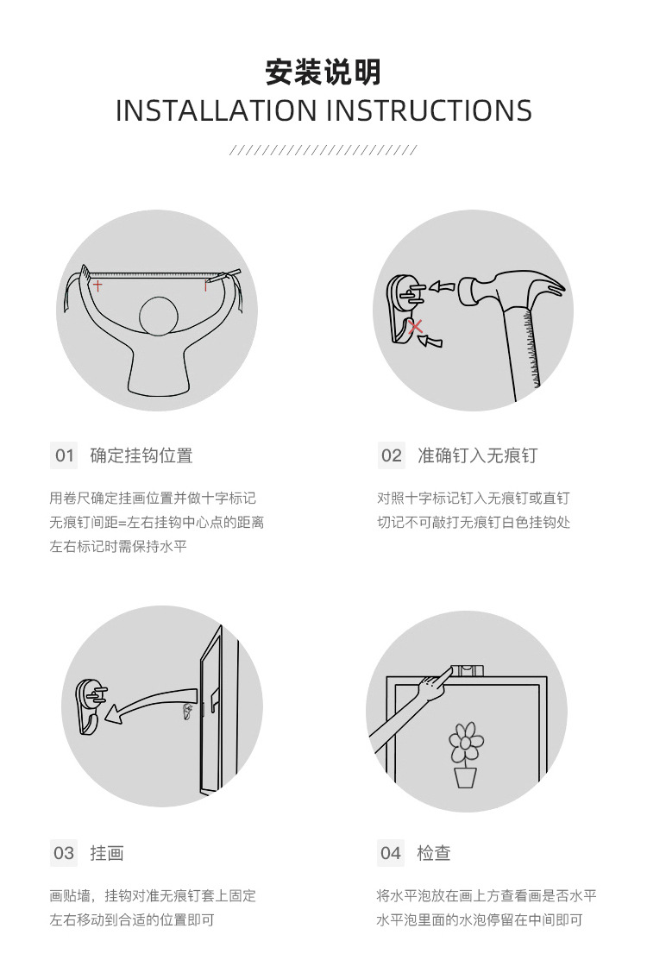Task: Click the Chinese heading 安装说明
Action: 323,72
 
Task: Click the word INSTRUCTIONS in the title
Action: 429,110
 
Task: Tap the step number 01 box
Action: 65,455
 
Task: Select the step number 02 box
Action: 391,455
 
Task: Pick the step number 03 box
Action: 64,853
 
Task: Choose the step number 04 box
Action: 391,853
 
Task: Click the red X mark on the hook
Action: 416,326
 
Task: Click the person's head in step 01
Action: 159,317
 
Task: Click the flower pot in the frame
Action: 465,776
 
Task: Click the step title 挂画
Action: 107,853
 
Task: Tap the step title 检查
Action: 434,853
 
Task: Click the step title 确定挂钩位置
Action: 141,455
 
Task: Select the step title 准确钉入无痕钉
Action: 477,455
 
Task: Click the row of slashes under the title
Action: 323,150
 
